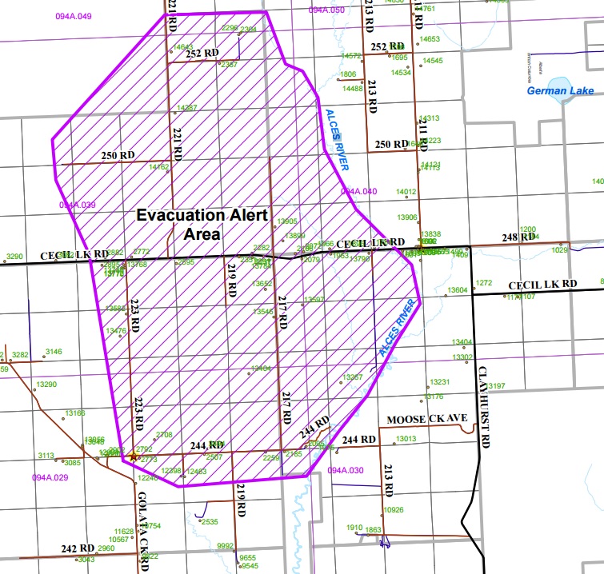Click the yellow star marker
[x=133, y=456]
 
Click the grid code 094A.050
[x=326, y=10]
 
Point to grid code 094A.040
[x=358, y=192]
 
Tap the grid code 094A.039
[x=77, y=205]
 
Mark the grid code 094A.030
[x=346, y=470]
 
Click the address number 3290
[x=14, y=257]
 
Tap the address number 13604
[x=458, y=290]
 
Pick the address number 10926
[x=393, y=509]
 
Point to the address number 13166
[x=74, y=413]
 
